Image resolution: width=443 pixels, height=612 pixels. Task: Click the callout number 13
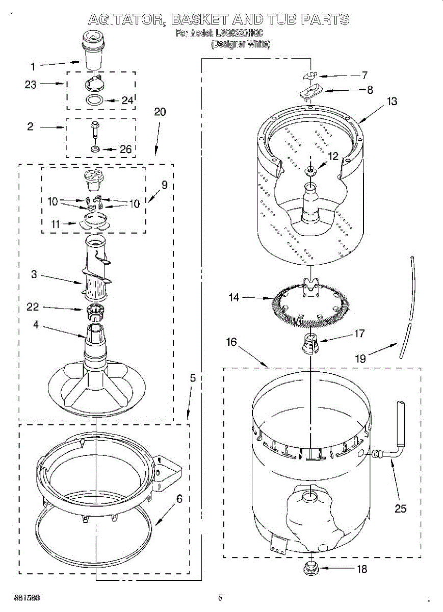392,101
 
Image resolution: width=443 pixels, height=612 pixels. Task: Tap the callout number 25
401,508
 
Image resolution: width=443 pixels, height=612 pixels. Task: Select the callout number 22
33,307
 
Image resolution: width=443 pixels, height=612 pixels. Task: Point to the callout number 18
361,569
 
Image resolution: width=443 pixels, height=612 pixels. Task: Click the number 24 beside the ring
127,100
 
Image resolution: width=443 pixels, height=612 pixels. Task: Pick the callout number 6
179,498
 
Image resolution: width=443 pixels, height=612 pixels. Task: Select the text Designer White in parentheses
241,44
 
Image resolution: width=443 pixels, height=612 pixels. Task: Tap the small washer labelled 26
95,148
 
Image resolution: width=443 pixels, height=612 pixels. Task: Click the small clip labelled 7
309,75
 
